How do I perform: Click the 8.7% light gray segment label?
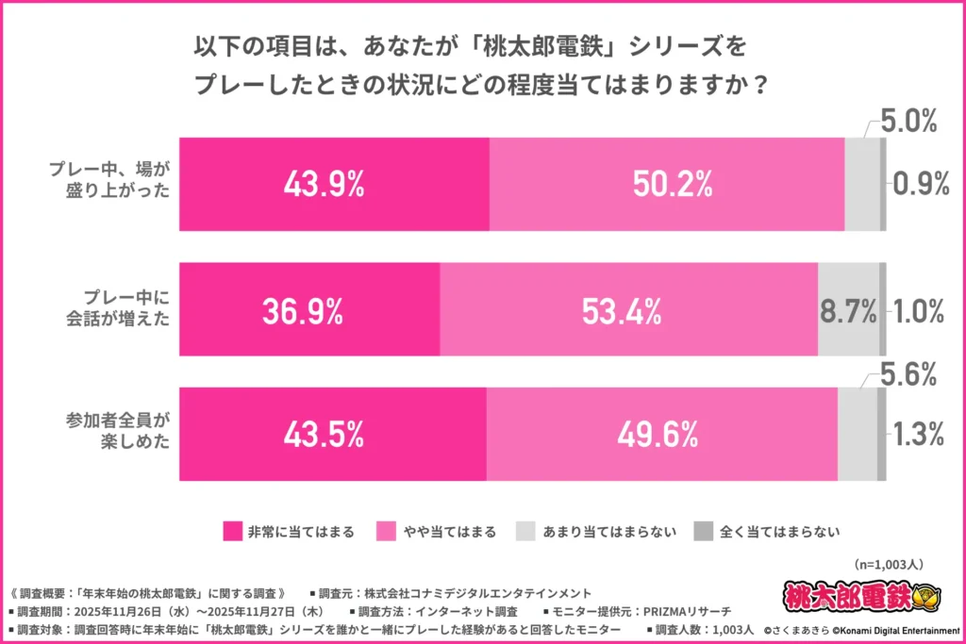click(x=847, y=310)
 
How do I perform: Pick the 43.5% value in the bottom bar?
click(x=324, y=435)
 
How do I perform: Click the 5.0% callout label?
click(x=908, y=121)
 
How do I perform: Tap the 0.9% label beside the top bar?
click(x=920, y=185)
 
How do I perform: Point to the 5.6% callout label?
click(x=908, y=375)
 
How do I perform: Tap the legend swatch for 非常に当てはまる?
click(x=231, y=531)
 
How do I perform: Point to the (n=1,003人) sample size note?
click(x=888, y=564)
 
